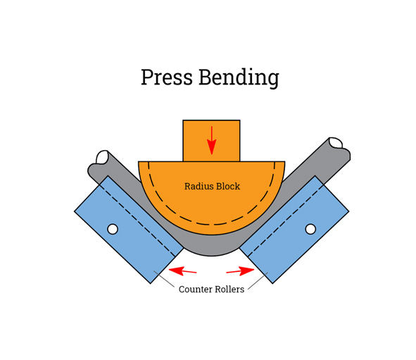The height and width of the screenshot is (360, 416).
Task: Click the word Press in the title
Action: [166, 76]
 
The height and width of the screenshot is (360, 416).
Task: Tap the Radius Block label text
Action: [212, 187]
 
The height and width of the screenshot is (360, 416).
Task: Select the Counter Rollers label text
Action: [211, 289]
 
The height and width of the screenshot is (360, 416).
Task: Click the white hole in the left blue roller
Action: [112, 229]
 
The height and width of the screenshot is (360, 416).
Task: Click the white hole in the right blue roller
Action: [310, 229]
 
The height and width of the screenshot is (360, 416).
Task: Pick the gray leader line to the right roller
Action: [258, 280]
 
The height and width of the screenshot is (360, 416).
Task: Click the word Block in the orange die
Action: [227, 187]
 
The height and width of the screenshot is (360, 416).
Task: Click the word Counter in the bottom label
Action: [193, 289]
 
